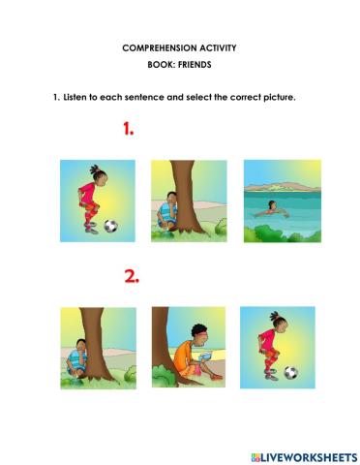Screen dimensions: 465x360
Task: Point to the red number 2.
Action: pos(132,276)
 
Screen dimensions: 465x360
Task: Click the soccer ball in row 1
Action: pos(110,227)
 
